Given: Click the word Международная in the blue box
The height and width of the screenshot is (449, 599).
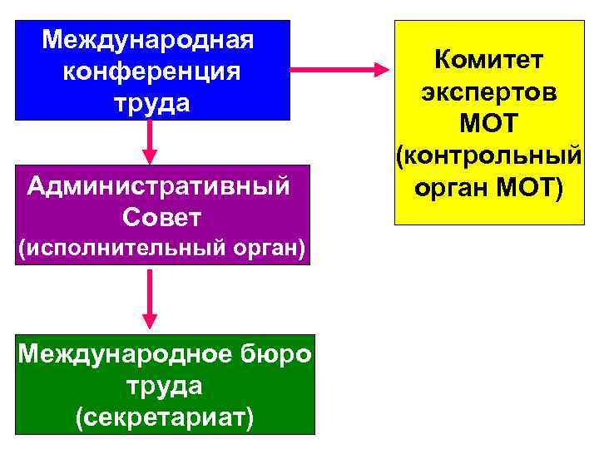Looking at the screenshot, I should pos(150,39).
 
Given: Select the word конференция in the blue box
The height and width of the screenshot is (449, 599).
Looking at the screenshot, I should pos(151,72).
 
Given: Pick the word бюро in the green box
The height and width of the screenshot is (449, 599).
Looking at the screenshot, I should pos(280,354).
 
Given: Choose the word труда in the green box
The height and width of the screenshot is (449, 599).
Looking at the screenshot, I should pos(164,386).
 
